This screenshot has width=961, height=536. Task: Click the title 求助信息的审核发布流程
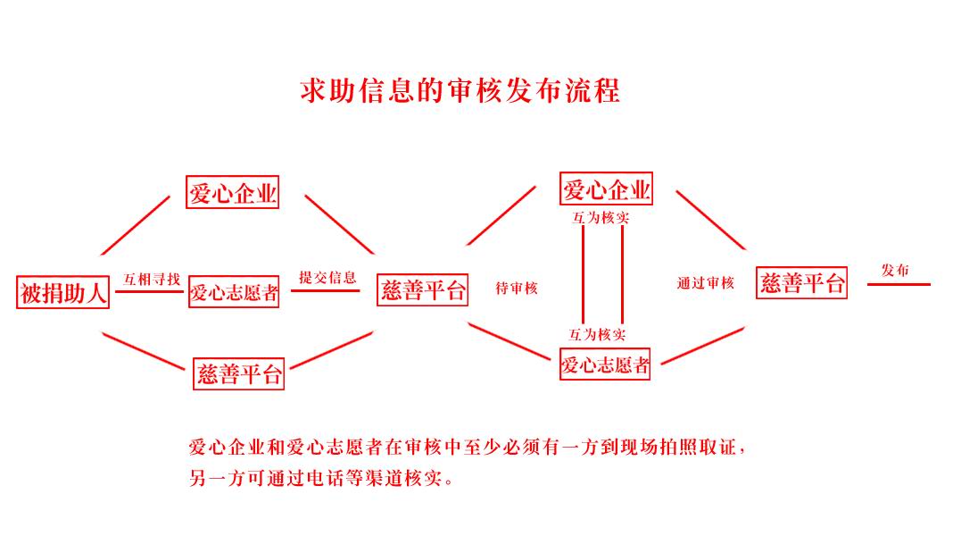tap(460, 91)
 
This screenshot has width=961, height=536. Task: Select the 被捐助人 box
tap(62, 292)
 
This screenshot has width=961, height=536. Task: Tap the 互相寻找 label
tap(152, 280)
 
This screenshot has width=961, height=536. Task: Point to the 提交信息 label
tap(327, 277)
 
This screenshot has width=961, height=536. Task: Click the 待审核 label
tap(517, 289)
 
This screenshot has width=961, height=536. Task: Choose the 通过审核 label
tap(706, 282)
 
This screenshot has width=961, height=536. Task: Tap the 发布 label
tap(895, 270)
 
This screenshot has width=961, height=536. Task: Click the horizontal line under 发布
tap(899, 285)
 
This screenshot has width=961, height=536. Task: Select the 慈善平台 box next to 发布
tap(801, 282)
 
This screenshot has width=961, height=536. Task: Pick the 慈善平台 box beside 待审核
tap(422, 289)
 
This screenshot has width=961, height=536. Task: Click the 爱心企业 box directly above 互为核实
tap(606, 188)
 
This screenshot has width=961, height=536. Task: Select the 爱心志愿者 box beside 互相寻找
tap(234, 292)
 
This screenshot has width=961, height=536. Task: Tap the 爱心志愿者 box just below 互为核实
tap(605, 364)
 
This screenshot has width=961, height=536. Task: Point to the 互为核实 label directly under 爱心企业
tap(601, 218)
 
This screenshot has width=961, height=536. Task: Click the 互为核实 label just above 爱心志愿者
tap(597, 334)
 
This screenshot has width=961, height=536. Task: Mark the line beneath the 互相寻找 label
tap(149, 291)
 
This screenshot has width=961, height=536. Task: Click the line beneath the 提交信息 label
tap(325, 290)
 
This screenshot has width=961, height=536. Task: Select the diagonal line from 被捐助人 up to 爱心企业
tap(136, 225)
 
